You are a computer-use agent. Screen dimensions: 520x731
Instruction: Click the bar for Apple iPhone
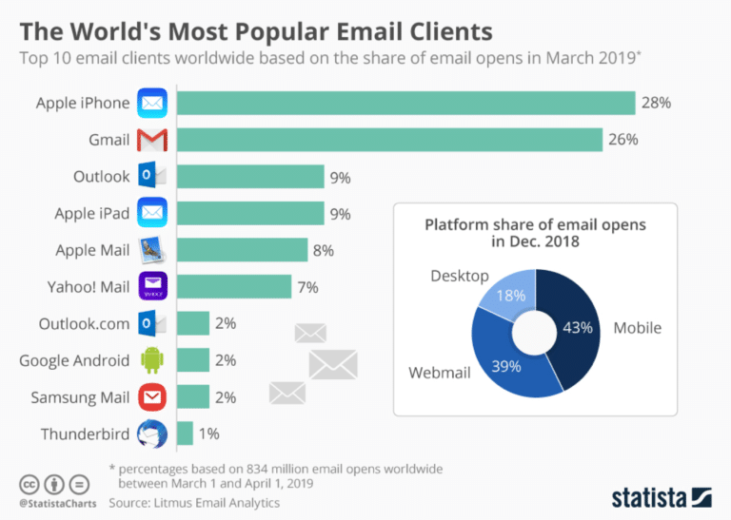(405, 103)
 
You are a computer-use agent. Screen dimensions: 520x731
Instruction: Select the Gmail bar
(389, 140)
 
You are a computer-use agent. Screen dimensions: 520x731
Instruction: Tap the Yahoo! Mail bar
(233, 286)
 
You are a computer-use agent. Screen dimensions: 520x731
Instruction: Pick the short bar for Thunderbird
(185, 433)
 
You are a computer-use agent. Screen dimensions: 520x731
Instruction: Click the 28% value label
(656, 103)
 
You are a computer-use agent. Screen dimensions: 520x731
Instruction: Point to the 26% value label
(623, 140)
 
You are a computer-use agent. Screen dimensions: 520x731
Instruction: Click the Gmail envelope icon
(152, 140)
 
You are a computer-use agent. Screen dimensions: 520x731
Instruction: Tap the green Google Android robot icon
(152, 360)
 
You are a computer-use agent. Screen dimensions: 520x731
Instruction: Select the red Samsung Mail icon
(152, 397)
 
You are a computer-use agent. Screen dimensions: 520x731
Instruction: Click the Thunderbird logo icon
(152, 434)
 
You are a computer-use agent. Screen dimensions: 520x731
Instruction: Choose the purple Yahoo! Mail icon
(152, 286)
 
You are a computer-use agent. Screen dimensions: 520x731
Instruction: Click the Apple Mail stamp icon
(152, 250)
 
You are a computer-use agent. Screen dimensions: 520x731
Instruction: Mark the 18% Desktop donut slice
(510, 296)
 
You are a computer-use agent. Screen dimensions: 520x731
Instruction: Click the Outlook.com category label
(84, 323)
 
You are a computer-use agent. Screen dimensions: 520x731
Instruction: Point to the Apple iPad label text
(91, 213)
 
